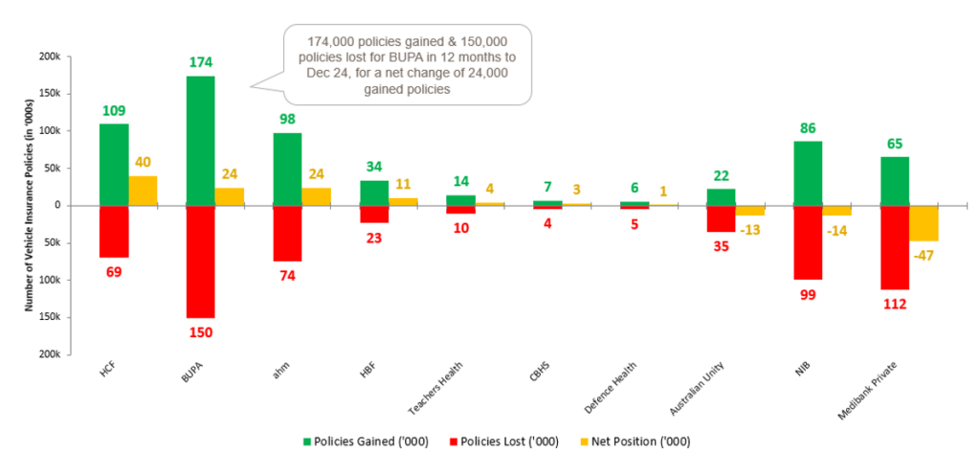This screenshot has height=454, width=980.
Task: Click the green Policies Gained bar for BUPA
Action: point(200,140)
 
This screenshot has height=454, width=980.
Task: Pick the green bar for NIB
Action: point(808,172)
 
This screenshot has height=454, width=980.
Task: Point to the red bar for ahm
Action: point(287,233)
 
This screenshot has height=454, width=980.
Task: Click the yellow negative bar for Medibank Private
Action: point(923,222)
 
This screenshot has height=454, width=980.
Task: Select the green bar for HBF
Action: point(374,193)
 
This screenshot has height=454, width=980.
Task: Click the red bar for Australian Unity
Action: point(721,218)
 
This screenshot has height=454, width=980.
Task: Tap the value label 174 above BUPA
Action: point(200,63)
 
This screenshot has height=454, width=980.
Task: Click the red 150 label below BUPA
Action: point(200,332)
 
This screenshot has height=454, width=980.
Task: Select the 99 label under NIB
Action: point(808,294)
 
